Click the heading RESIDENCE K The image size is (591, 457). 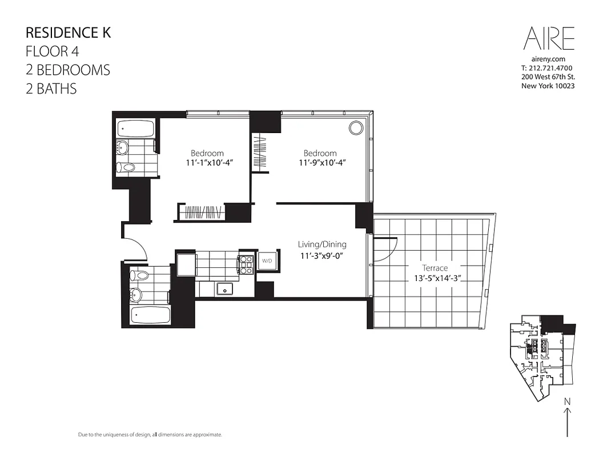pos(68,32)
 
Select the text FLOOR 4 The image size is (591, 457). pos(52,51)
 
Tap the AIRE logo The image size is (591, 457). pos(549,38)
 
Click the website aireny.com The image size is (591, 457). pos(548,59)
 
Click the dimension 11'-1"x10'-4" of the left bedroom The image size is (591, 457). pos(207,163)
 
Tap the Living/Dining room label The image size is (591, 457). pos(322,244)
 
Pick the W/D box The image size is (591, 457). pos(267,260)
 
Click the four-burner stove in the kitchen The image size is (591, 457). pos(247,264)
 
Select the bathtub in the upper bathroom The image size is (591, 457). pos(136,129)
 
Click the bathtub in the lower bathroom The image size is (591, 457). pos(150,315)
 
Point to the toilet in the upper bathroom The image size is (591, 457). pos(126,167)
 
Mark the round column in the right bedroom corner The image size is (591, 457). pos(356,127)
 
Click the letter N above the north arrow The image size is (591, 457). pos(567,402)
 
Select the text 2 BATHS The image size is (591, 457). pos(51,89)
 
